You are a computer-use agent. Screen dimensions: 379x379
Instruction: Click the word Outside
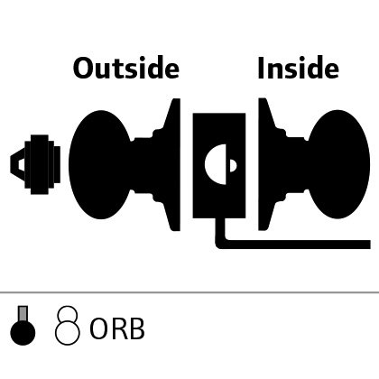coord(126,68)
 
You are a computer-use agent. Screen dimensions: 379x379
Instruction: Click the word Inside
coord(299,68)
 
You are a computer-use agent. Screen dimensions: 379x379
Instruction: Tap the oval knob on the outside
coord(99,164)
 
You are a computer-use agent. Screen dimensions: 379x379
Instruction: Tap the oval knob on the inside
coord(338,164)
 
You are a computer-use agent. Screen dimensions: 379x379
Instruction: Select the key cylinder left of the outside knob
coord(35,164)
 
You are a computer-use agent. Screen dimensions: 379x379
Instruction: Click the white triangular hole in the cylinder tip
coord(21,164)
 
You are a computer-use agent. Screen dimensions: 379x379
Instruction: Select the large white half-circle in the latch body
coord(216,164)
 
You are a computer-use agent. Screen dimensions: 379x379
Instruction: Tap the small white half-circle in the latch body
coord(233,166)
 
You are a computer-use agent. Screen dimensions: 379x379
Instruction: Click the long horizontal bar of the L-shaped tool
coord(296,245)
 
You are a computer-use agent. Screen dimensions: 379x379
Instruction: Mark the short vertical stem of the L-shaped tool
coord(220,230)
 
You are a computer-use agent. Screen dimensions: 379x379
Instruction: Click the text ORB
coord(117,328)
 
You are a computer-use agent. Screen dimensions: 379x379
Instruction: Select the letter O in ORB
coord(98,328)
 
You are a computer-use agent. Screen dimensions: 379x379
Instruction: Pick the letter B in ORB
coord(137,328)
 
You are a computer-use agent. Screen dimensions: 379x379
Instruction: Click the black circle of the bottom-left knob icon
coord(23,333)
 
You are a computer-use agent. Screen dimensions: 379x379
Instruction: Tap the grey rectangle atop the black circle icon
coord(23,314)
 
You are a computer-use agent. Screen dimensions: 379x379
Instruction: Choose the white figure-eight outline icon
coord(68,326)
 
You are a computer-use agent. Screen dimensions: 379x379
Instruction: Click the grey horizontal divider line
coord(189,291)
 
